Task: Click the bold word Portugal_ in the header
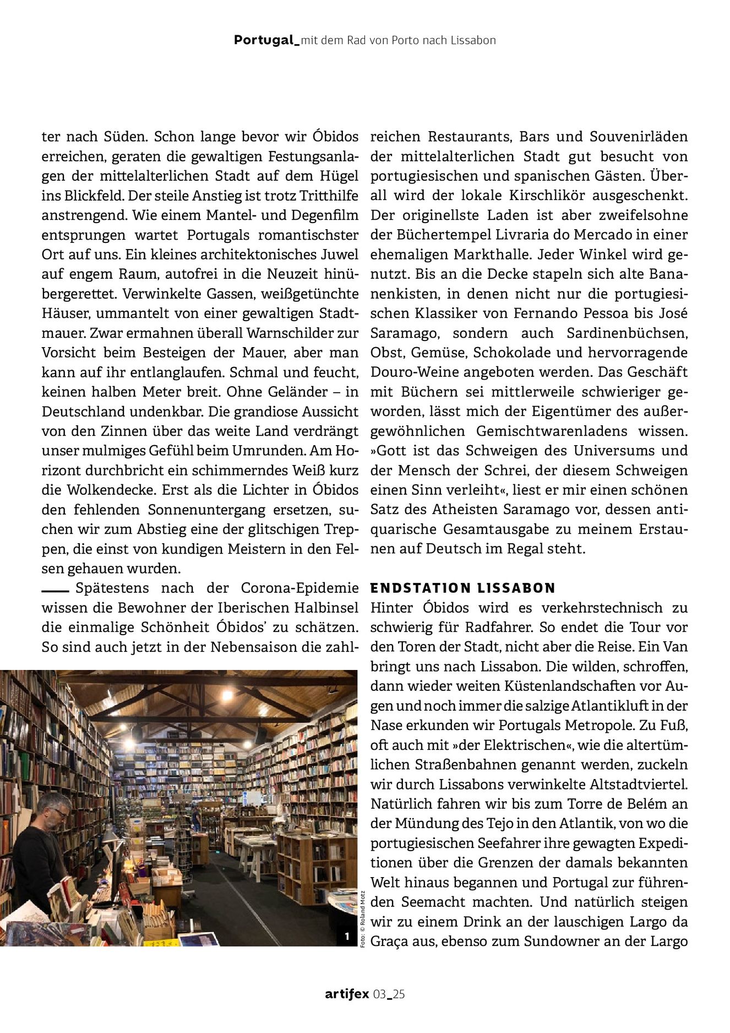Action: (x=266, y=40)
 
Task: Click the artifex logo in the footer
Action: (x=347, y=994)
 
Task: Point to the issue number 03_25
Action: (x=389, y=994)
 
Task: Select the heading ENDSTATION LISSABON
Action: (x=463, y=588)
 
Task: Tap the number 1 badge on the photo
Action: (x=347, y=935)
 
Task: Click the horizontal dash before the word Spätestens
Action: (x=55, y=590)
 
